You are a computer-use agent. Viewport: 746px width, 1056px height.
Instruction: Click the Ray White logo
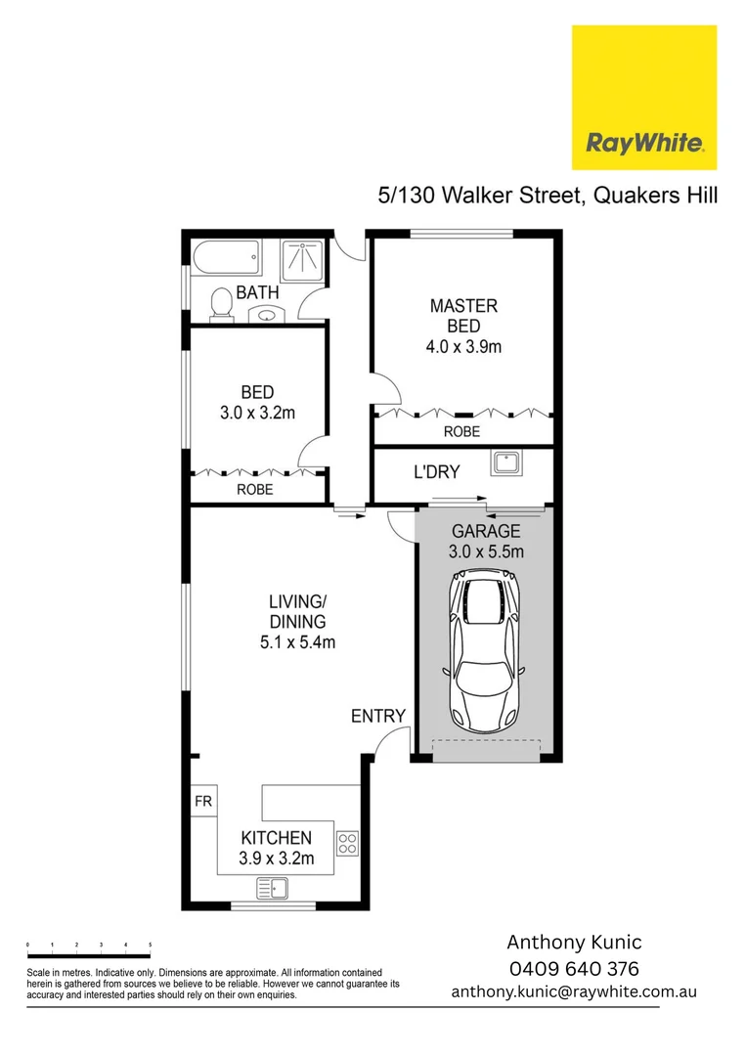tap(644, 98)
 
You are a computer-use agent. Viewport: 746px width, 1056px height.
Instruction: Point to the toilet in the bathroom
tap(222, 303)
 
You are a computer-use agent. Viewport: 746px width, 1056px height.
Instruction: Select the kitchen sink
tap(272, 888)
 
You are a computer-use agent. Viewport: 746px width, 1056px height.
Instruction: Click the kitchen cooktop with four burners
tap(348, 841)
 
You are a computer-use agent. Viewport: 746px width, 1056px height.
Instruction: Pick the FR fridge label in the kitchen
tap(203, 801)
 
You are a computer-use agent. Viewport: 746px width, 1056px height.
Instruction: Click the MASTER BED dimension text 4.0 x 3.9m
tap(464, 346)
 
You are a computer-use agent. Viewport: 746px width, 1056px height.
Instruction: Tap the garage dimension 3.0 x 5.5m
tap(486, 551)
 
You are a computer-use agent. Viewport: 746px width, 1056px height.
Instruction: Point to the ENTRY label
tap(377, 717)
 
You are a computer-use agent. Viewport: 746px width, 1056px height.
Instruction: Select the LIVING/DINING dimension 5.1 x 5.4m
tap(297, 642)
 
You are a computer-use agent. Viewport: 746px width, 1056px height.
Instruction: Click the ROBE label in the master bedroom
tap(461, 431)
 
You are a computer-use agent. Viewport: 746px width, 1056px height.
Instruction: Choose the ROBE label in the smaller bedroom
tap(255, 489)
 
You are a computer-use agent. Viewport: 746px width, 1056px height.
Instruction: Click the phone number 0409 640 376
tap(574, 968)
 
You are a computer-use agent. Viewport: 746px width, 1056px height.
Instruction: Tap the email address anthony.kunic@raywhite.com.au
tap(574, 991)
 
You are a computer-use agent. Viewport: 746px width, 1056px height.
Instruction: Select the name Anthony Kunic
tap(574, 943)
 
